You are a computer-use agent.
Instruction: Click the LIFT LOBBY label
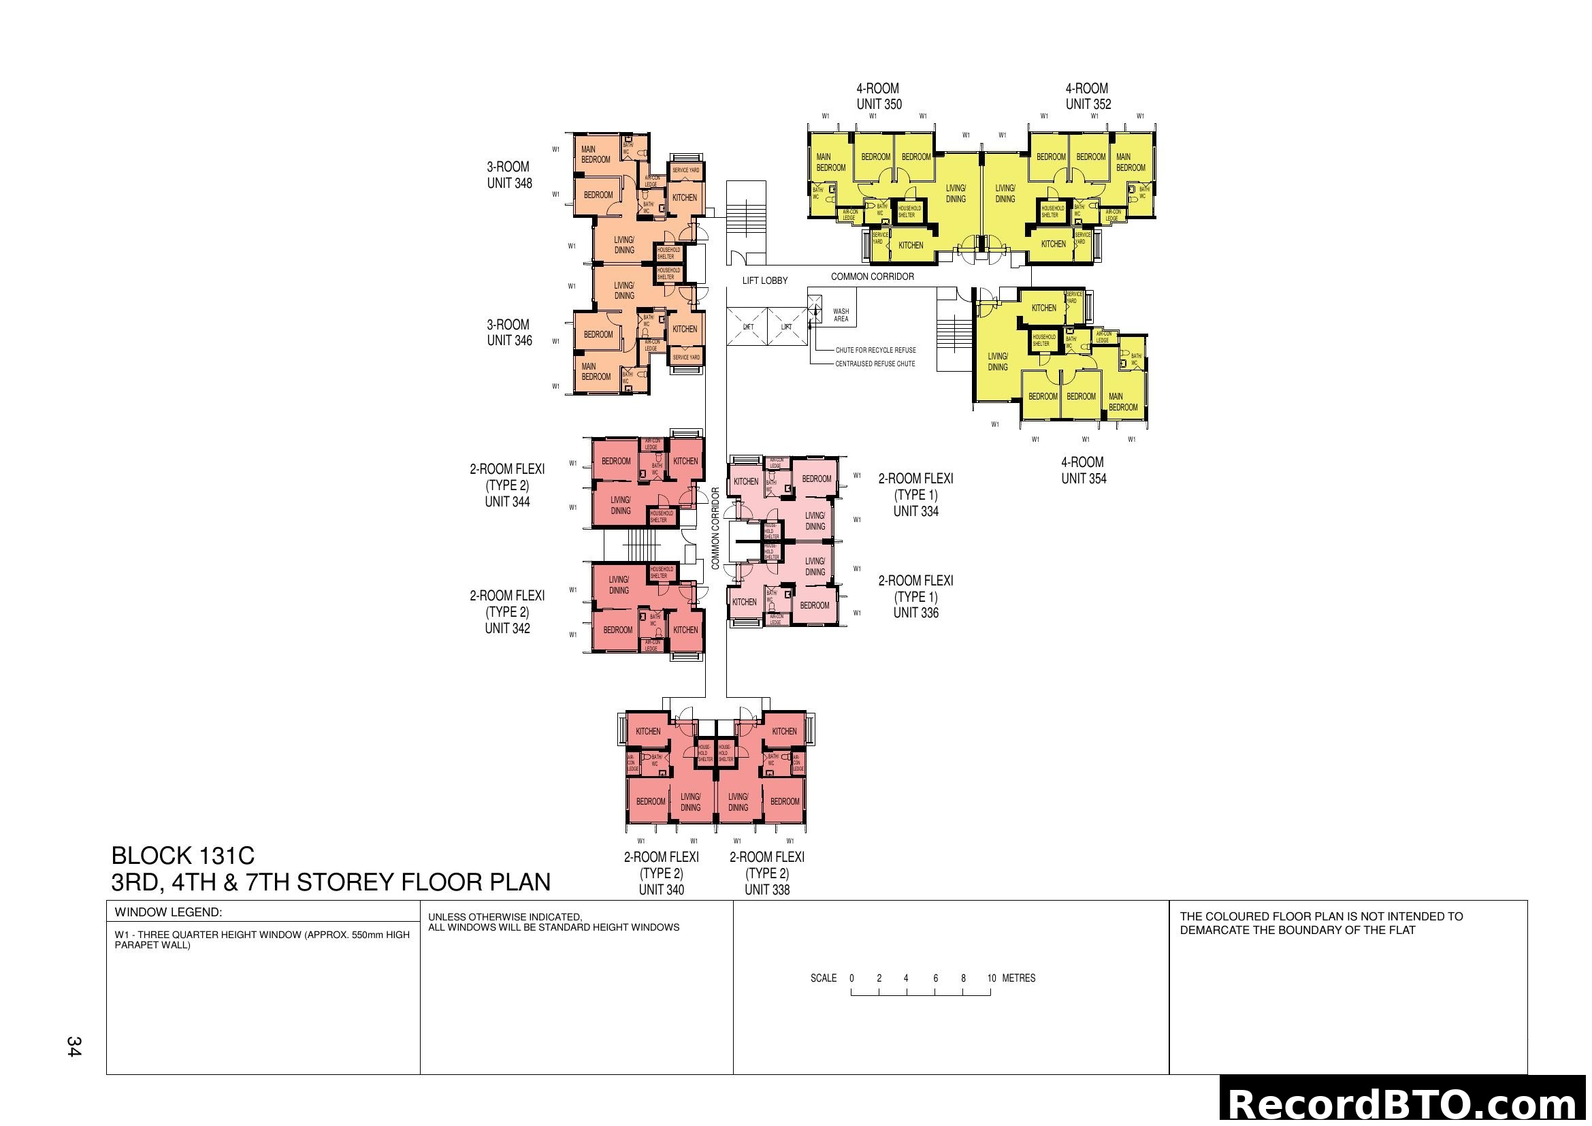click(x=764, y=280)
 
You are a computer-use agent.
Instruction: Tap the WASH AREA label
click(x=841, y=315)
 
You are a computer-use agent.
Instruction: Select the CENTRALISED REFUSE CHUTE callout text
click(x=875, y=364)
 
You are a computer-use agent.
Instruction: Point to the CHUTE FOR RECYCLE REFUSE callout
click(x=875, y=350)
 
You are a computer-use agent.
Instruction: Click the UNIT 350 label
click(x=879, y=105)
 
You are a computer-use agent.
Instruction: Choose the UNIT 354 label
click(x=1083, y=479)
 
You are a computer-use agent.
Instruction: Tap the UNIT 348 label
click(x=509, y=183)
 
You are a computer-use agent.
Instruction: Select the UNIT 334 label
click(x=915, y=512)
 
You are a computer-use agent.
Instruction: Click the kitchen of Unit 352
click(x=1052, y=244)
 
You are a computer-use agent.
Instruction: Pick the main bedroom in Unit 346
click(x=596, y=372)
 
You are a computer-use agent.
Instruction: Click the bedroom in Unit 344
click(x=616, y=461)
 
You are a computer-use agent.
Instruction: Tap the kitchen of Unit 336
click(x=744, y=602)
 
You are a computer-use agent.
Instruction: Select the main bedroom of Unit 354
click(x=1122, y=402)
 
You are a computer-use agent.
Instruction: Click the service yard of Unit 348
click(x=686, y=170)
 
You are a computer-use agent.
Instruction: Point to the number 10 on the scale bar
click(x=991, y=978)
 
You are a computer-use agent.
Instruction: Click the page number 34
click(x=74, y=1046)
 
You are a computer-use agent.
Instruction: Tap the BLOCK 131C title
click(x=183, y=856)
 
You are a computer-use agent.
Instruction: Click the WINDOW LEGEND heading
click(x=168, y=912)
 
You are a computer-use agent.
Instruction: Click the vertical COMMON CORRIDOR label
click(x=715, y=528)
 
